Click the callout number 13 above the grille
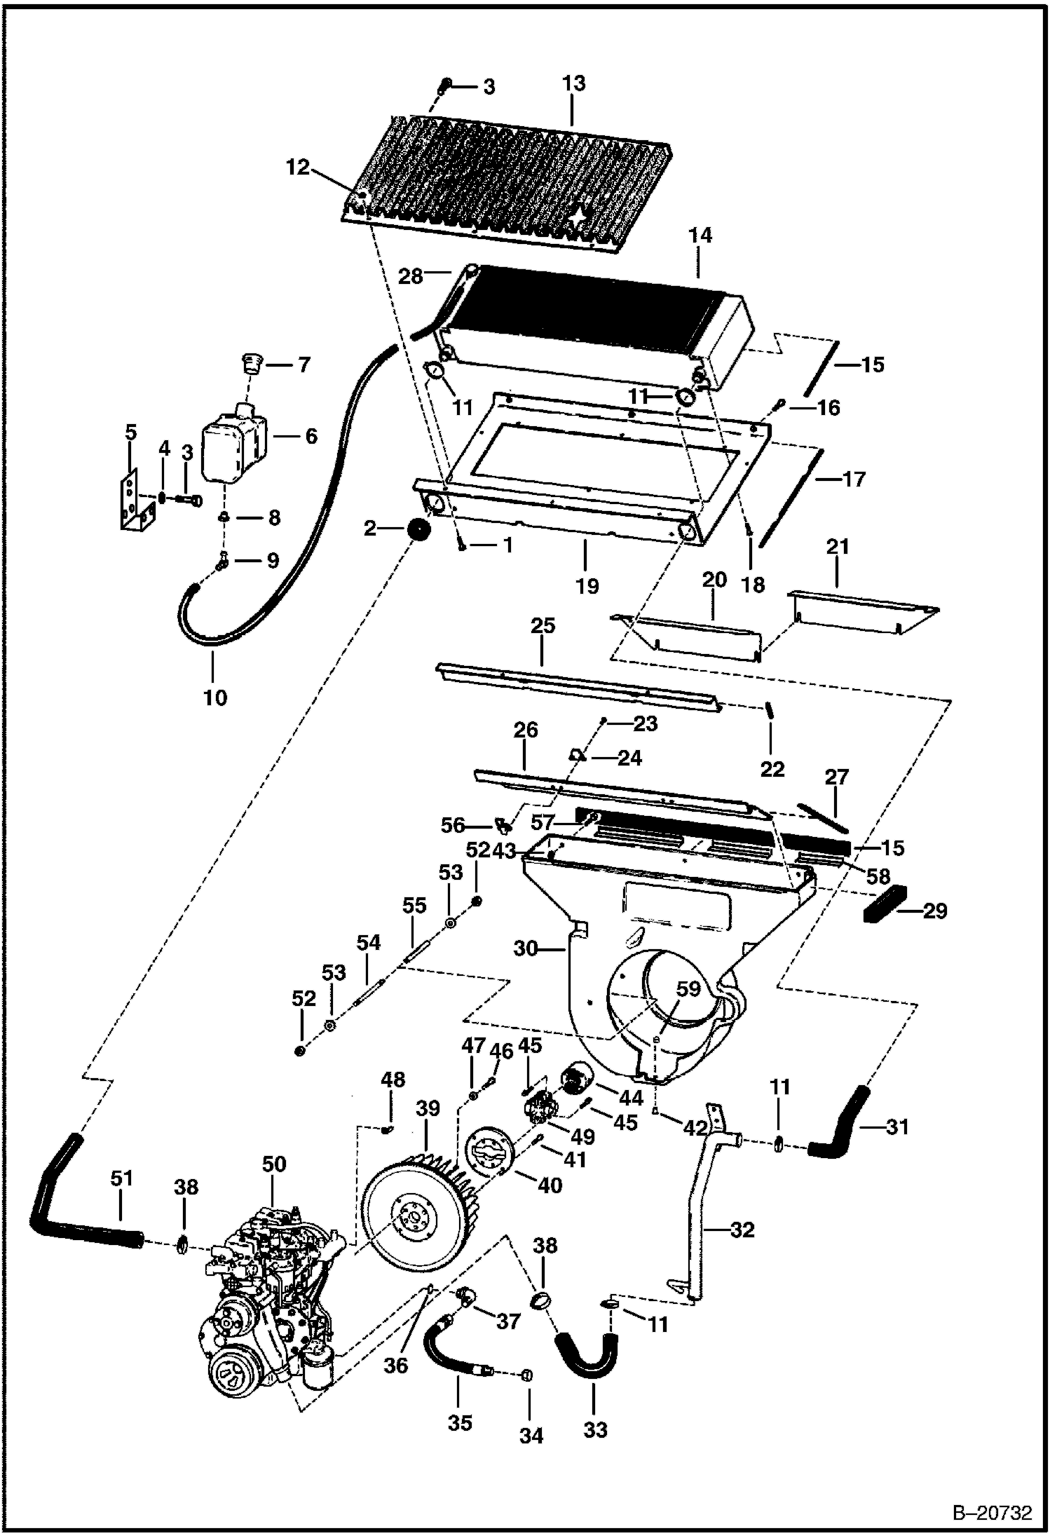coord(573,83)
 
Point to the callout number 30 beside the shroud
coord(525,948)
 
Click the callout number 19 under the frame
coord(587,586)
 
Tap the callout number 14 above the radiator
coord(700,236)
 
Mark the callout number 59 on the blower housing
coord(688,989)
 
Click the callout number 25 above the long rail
coord(543,625)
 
